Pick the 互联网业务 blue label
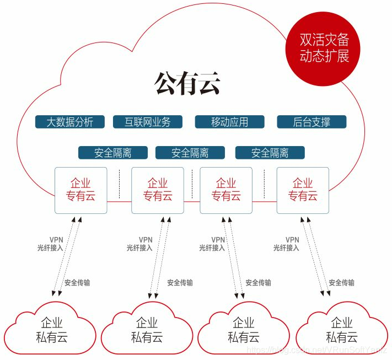pyautogui.click(x=147, y=122)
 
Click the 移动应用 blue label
pyautogui.click(x=229, y=122)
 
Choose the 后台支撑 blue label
pyautogui.click(x=312, y=122)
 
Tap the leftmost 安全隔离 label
pyautogui.click(x=113, y=153)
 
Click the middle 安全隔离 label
pyautogui.click(x=190, y=153)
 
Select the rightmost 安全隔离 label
pyautogui.click(x=270, y=153)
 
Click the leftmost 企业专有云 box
pyautogui.click(x=80, y=190)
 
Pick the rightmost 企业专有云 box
pyautogui.click(x=303, y=190)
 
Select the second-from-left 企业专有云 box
pyautogui.click(x=158, y=190)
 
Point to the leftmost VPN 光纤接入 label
pyautogui.click(x=50, y=244)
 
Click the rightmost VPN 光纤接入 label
pyautogui.click(x=286, y=244)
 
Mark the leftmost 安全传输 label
pyautogui.click(x=77, y=283)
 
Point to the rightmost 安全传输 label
pyautogui.click(x=342, y=283)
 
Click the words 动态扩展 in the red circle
pyautogui.click(x=324, y=57)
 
